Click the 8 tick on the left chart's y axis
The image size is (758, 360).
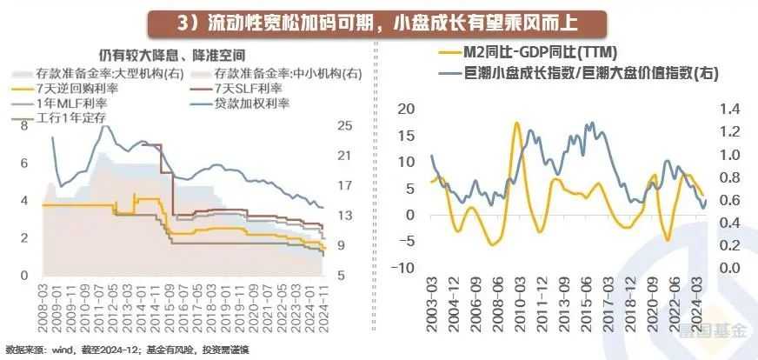tap(24, 125)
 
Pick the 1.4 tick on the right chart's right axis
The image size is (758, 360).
tap(727, 109)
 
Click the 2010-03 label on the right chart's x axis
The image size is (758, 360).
tap(515, 309)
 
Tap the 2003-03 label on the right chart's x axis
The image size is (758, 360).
tap(432, 309)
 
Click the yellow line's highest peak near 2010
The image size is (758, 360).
tap(517, 123)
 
